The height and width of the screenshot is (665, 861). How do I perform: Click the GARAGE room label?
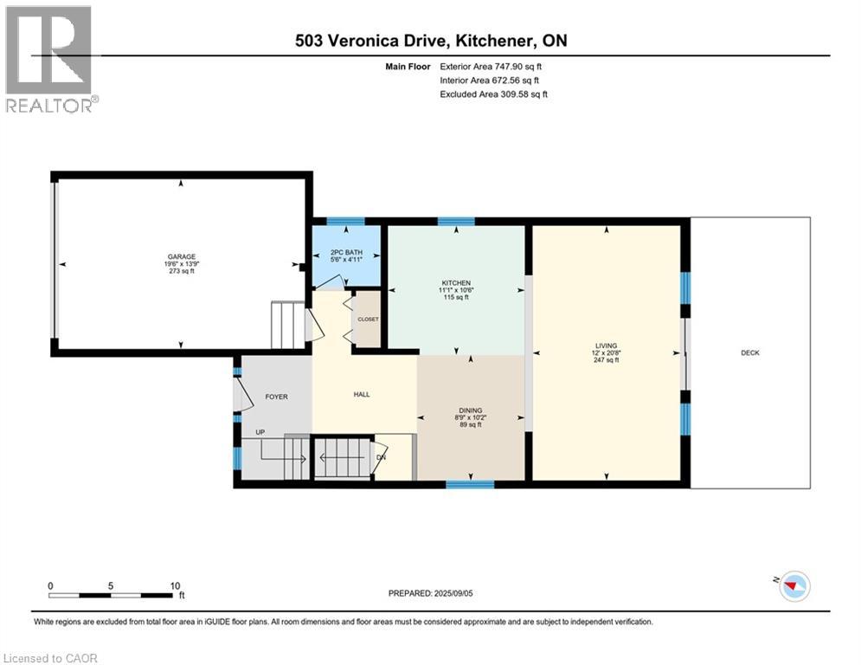pyautogui.click(x=181, y=256)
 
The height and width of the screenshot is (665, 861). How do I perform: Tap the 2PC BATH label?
pyautogui.click(x=345, y=253)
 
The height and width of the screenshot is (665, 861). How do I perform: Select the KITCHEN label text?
pyautogui.click(x=455, y=283)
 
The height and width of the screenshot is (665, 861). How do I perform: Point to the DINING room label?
pyautogui.click(x=471, y=410)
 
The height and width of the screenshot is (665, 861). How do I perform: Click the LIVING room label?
pyautogui.click(x=607, y=345)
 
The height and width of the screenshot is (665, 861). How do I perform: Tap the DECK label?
pyautogui.click(x=750, y=352)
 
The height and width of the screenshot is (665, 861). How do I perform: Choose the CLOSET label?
pyautogui.click(x=369, y=319)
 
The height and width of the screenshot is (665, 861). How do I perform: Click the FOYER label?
pyautogui.click(x=275, y=397)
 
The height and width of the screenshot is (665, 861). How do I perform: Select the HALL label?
pyautogui.click(x=361, y=394)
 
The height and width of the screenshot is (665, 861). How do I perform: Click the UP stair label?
pyautogui.click(x=260, y=431)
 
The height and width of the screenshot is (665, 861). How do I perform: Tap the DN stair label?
pyautogui.click(x=381, y=457)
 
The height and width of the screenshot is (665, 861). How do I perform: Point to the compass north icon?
pyautogui.click(x=793, y=586)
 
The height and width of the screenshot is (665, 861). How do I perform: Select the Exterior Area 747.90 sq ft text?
pyautogui.click(x=492, y=66)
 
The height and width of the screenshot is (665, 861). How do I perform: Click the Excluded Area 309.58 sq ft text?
pyautogui.click(x=493, y=94)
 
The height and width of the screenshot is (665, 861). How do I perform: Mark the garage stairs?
pyautogui.click(x=287, y=326)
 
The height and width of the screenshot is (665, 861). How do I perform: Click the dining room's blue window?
pyautogui.click(x=470, y=484)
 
